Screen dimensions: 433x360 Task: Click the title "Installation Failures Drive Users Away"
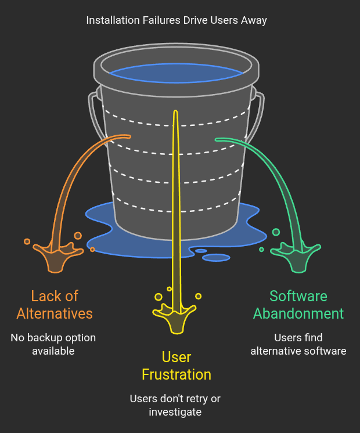[x=177, y=20]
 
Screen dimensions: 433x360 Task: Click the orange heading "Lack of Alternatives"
[x=55, y=305]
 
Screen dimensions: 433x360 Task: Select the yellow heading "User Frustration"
[x=177, y=366]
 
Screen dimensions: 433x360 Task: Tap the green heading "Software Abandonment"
[x=298, y=305]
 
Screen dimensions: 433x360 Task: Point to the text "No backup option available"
[x=53, y=344]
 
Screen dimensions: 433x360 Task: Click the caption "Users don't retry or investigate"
[x=175, y=405]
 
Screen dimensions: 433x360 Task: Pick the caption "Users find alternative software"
[x=298, y=344]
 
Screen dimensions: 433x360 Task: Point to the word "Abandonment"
[x=298, y=314]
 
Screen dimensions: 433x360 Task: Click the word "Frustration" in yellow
[x=177, y=374]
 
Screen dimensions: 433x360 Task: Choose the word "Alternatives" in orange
[x=55, y=314]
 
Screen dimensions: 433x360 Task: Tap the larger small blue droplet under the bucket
[x=216, y=257]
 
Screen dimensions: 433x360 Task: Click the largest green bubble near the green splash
[x=276, y=232]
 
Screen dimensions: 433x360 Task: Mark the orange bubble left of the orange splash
[x=27, y=241]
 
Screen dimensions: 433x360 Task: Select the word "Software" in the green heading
[x=298, y=296]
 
